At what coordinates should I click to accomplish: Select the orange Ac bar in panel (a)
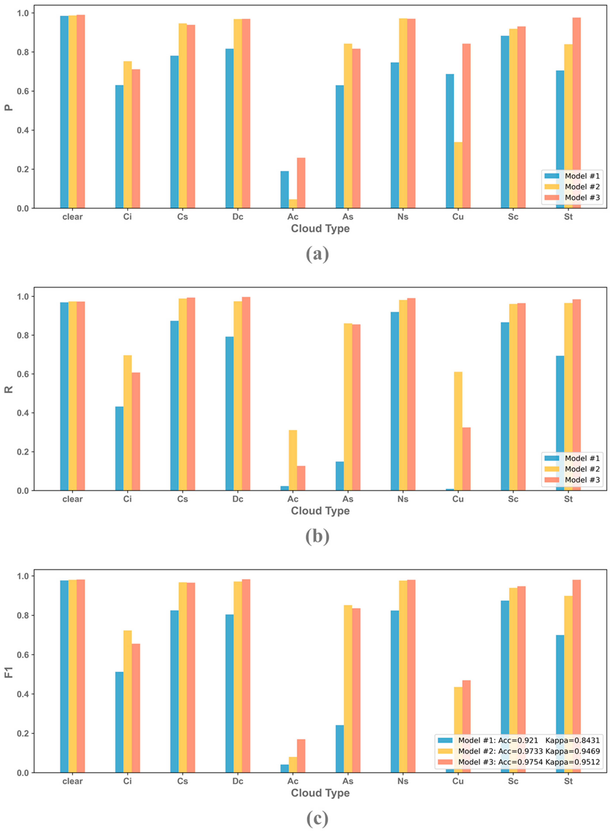click(x=301, y=183)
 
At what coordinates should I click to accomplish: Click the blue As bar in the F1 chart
click(x=339, y=749)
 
